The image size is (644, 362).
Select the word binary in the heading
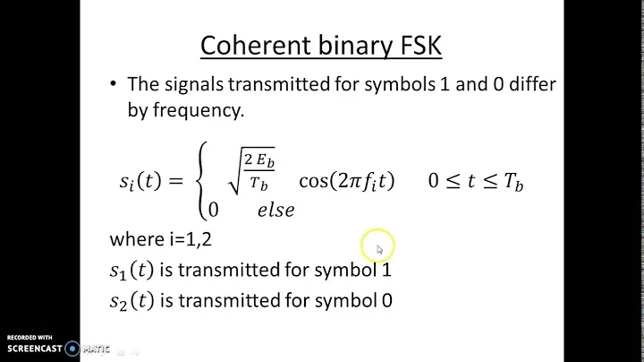[339, 45]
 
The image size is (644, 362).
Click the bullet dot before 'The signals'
[113, 84]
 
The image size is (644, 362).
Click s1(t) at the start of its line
[133, 269]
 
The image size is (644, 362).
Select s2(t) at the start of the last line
[133, 300]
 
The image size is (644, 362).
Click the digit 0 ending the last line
[386, 300]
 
